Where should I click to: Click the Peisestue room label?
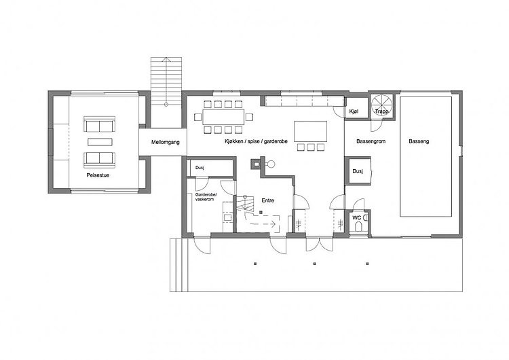[x=98, y=175]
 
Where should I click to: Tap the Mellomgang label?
[x=165, y=142]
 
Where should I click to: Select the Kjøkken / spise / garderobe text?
[x=256, y=141]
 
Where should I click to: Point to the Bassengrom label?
[x=371, y=141]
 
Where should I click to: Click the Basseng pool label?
[x=419, y=141]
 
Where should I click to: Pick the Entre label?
[x=268, y=200]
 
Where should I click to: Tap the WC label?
[x=357, y=217]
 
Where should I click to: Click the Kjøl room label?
[x=354, y=111]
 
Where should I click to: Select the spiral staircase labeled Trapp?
[x=381, y=105]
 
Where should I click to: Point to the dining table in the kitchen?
[x=223, y=117]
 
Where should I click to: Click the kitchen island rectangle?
[x=310, y=131]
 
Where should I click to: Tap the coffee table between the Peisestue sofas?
[x=100, y=142]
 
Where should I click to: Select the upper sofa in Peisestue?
[x=99, y=124]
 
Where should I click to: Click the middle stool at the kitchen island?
[x=311, y=147]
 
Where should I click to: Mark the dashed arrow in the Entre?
[x=260, y=221]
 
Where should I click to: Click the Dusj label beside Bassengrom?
[x=358, y=171]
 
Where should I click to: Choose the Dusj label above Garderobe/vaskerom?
[x=200, y=168]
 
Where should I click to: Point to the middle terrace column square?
[x=314, y=264]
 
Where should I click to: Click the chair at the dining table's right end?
[x=249, y=117]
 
